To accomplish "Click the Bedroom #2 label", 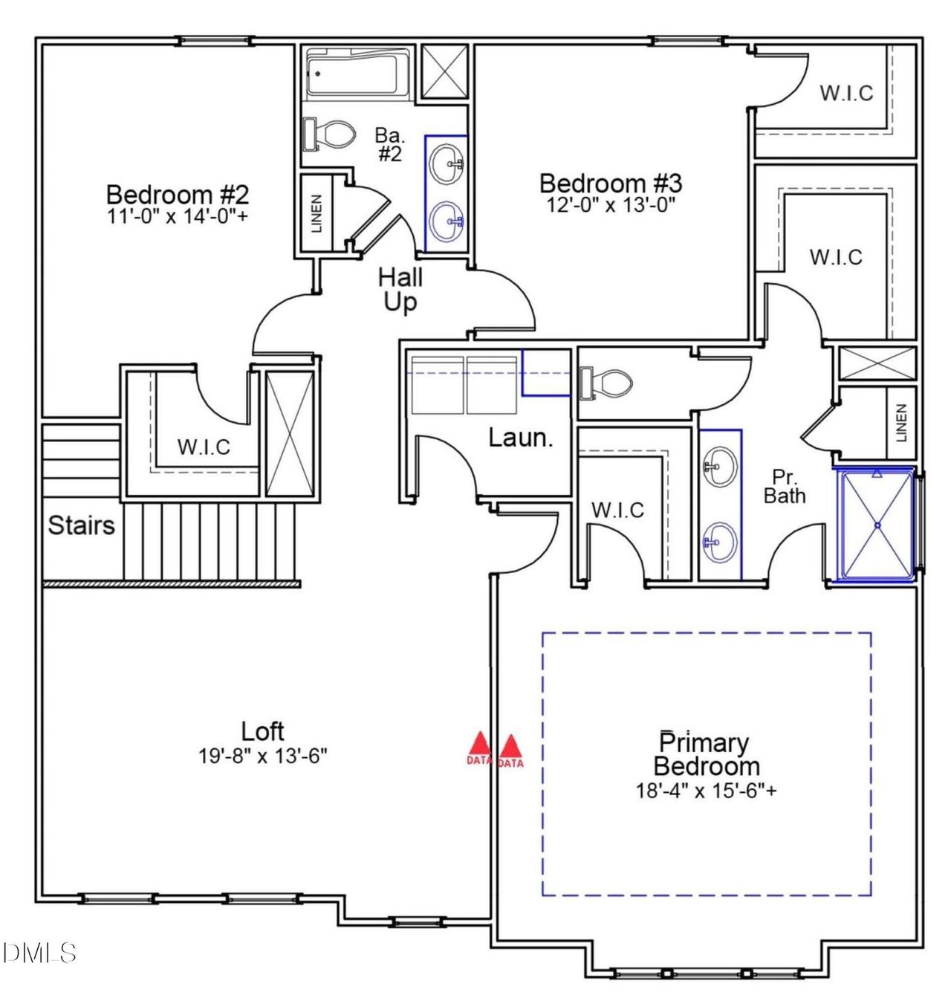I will coord(178,195).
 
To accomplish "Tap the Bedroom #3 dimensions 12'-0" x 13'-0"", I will coord(611,204).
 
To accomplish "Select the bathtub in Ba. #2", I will coord(358,73).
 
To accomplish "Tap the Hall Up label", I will coord(400,290).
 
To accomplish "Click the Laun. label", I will coord(520,438).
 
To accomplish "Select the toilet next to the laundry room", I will coord(606,383).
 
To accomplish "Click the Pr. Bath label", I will coord(785,487).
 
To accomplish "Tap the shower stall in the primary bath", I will coord(877,525).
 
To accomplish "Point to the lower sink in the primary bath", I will coord(720,542).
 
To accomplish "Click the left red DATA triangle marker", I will coord(480,745).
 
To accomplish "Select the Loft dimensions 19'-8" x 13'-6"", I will coord(263,756).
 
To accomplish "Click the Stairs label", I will coord(82,525).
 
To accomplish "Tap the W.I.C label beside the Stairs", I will coord(204,447).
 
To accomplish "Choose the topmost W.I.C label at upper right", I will coord(846,94).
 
